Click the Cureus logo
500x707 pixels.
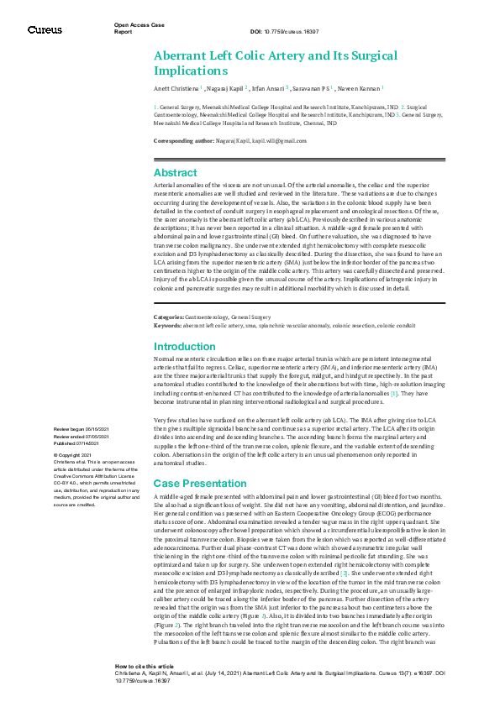pos(44,29)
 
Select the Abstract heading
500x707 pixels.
pos(176,171)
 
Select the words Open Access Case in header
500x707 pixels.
pos(138,26)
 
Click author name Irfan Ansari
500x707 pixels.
pos(269,87)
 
